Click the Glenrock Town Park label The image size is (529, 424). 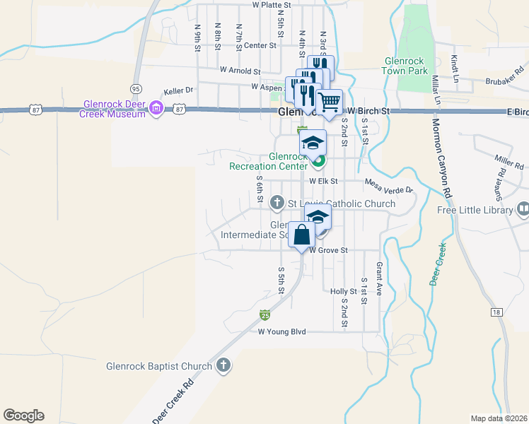[x=405, y=66]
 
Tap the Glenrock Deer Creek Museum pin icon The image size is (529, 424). [x=157, y=108]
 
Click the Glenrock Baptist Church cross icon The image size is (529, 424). [x=223, y=365]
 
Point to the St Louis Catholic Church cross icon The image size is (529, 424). [x=277, y=204]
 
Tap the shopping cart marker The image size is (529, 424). [x=329, y=102]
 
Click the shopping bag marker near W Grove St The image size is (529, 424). [x=301, y=235]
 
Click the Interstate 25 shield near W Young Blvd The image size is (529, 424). [x=264, y=314]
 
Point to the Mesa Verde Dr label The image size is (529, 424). [x=388, y=185]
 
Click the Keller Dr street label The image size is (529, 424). [x=178, y=90]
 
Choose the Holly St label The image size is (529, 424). [x=344, y=291]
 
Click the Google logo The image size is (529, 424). [x=23, y=415]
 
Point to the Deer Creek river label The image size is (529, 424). [x=438, y=264]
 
